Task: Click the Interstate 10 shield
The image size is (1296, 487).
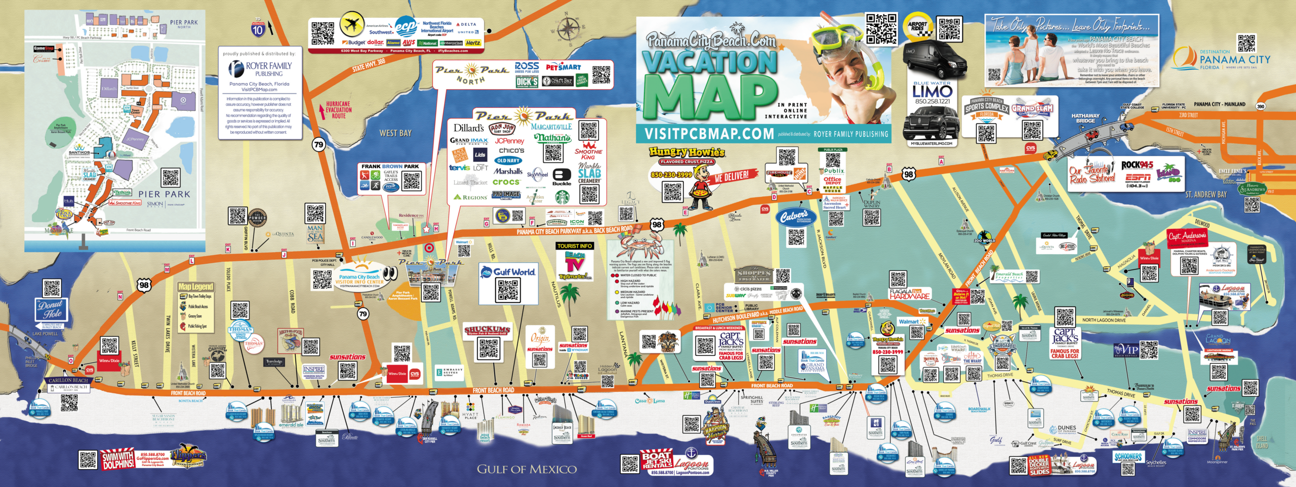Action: [x=258, y=29]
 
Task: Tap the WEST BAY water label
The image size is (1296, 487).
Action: [x=395, y=133]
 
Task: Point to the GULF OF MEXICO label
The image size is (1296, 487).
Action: [x=526, y=469]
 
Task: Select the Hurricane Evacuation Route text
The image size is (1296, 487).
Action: [x=339, y=110]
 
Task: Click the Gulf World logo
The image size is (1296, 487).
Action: [x=508, y=272]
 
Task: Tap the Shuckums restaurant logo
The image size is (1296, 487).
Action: [x=488, y=330]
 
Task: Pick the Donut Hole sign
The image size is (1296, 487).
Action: [x=51, y=309]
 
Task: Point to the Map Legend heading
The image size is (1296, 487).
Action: [x=195, y=287]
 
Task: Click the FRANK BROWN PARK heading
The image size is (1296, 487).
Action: [x=390, y=166]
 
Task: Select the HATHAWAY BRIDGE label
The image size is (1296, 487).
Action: [x=1085, y=118]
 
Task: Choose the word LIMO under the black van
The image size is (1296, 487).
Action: [x=932, y=92]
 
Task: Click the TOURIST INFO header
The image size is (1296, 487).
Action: [x=575, y=246]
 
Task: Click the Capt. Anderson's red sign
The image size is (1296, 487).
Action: [x=1187, y=237]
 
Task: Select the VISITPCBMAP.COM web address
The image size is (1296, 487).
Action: [x=708, y=134]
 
